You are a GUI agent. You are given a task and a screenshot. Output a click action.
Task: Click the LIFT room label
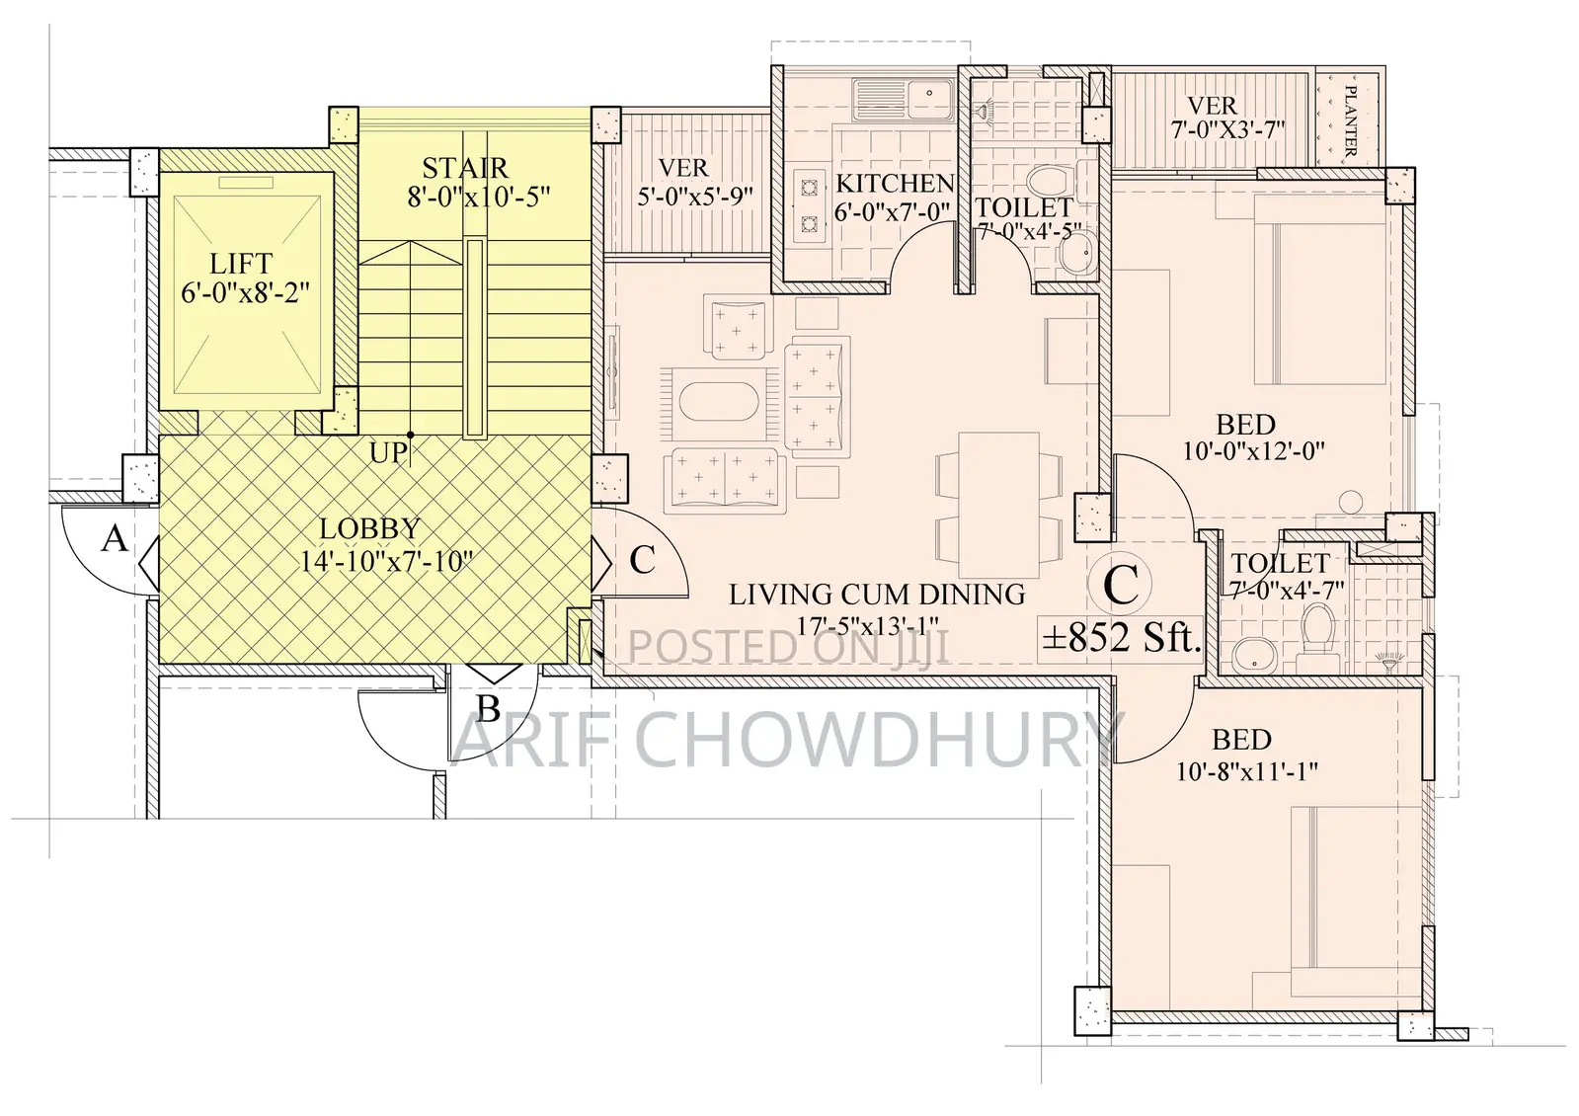(241, 265)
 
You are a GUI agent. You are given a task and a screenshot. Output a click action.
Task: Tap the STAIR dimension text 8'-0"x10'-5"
(479, 198)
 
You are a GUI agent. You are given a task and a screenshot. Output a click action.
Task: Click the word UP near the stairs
(388, 453)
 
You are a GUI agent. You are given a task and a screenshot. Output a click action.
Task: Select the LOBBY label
(370, 529)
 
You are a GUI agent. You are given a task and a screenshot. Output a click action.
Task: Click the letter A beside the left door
(116, 539)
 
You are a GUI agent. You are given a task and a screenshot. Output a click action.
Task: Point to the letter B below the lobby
(487, 708)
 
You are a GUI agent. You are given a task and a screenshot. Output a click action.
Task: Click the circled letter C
(1121, 586)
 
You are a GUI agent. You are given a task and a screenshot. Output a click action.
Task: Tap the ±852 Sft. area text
(1122, 637)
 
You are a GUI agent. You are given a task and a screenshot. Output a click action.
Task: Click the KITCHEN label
(895, 184)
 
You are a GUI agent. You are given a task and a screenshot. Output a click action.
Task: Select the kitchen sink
(903, 95)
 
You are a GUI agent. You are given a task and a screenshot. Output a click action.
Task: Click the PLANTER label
(1351, 120)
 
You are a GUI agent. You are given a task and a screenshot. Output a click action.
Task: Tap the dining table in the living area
(999, 504)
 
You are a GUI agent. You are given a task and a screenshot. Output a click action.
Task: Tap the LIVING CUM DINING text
(877, 595)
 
